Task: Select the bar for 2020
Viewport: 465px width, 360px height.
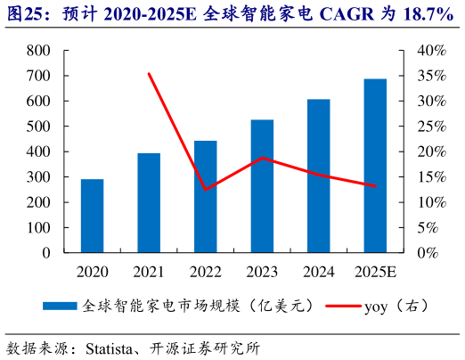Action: [x=92, y=216]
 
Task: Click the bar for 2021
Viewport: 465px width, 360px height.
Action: [x=149, y=203]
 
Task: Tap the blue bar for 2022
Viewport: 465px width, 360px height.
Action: [x=206, y=197]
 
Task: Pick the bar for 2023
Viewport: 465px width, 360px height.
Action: [x=262, y=186]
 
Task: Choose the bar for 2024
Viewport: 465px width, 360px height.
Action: [x=319, y=176]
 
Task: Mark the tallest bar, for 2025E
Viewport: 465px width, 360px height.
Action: [x=375, y=166]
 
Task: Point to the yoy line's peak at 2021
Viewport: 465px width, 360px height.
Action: [x=149, y=74]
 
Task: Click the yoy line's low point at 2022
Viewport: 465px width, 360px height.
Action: [x=206, y=189]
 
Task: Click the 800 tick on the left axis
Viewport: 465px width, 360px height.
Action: [x=38, y=51]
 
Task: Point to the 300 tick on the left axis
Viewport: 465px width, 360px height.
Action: [x=38, y=177]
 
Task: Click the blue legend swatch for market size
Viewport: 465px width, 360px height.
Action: [x=60, y=306]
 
